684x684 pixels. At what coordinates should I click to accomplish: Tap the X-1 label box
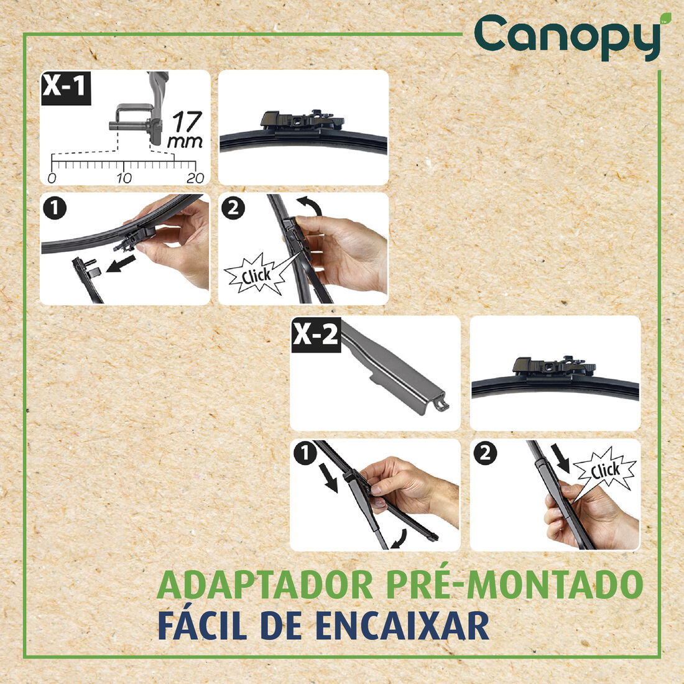pyautogui.click(x=65, y=87)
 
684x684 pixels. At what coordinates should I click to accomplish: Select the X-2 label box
pyautogui.click(x=316, y=335)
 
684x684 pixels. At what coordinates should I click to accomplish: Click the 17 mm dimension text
pyautogui.click(x=185, y=129)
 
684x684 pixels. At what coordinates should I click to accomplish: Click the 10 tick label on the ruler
pyautogui.click(x=124, y=178)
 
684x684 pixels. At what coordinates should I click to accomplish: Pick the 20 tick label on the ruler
pyautogui.click(x=195, y=178)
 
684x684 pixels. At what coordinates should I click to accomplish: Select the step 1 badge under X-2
pyautogui.click(x=305, y=455)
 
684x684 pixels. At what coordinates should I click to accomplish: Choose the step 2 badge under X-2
pyautogui.click(x=485, y=454)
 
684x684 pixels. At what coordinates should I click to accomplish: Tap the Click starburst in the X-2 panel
pyautogui.click(x=604, y=470)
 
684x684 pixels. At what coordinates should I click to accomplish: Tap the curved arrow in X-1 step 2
pyautogui.click(x=309, y=206)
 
